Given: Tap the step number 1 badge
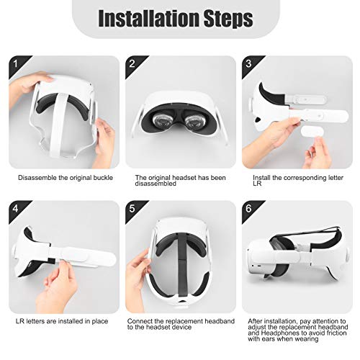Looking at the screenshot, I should (x=14, y=65).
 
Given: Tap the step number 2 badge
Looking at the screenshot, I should (x=132, y=65).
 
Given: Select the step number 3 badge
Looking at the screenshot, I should (x=248, y=65).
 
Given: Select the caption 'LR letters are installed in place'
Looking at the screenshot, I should (x=59, y=320).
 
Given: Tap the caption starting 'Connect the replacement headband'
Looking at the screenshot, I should (x=173, y=324).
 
